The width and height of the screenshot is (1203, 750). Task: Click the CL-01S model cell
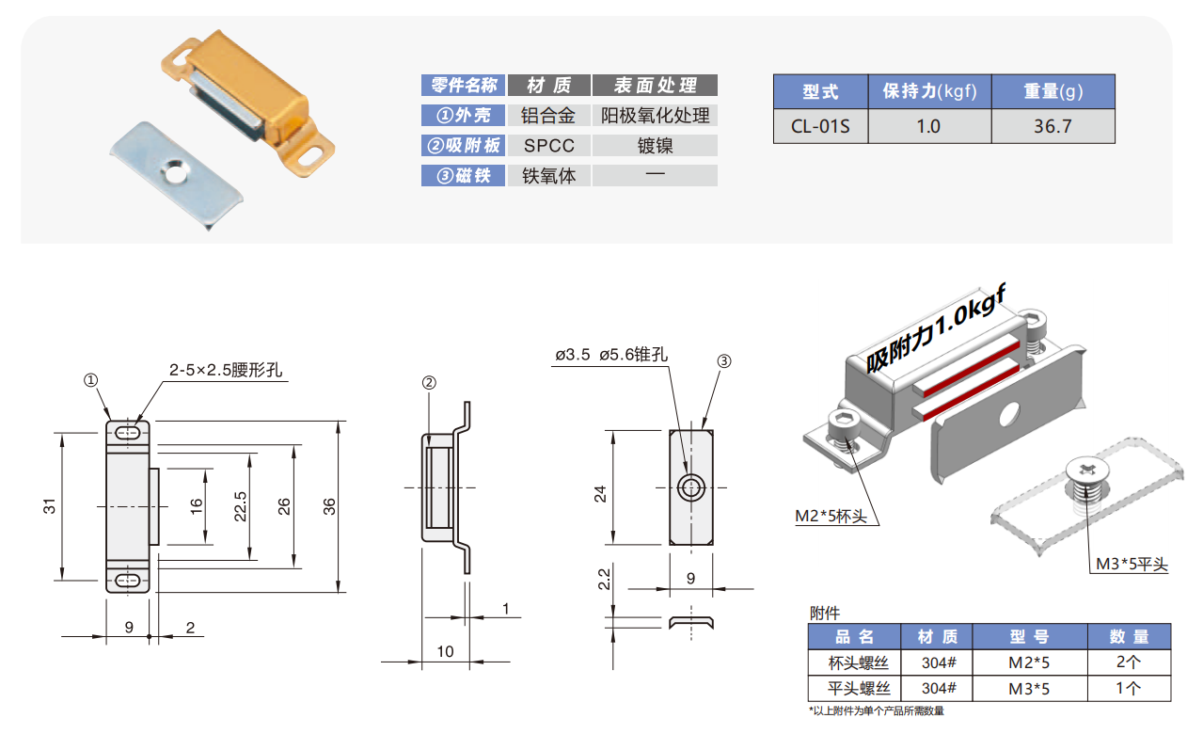coord(820,126)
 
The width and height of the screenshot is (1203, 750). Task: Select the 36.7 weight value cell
coord(1053,126)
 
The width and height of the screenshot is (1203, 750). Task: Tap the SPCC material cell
coord(549,146)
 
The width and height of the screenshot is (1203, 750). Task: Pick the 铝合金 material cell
coord(549,116)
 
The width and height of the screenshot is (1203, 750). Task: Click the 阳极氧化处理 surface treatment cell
coord(655,116)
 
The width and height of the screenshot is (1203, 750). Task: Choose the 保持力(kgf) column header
coord(929,91)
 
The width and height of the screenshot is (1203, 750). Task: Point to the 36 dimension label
coord(328,506)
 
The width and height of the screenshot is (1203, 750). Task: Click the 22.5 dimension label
coord(240,506)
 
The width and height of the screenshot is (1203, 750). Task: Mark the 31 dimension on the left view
coord(49,506)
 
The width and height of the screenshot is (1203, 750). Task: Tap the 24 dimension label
coord(600,494)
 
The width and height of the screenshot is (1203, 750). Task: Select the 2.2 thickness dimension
coord(604,579)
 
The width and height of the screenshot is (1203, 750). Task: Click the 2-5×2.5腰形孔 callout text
coord(226,370)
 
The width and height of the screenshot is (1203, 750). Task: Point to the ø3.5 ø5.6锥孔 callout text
coord(611,355)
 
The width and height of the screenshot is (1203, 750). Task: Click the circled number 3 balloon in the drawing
coord(724,361)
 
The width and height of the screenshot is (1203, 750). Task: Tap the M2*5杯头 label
coord(831,517)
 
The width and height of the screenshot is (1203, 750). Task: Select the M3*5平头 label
coord(1132,564)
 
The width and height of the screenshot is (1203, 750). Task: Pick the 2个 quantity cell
coord(1129,662)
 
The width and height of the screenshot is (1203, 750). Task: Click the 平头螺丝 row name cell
coord(859,688)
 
